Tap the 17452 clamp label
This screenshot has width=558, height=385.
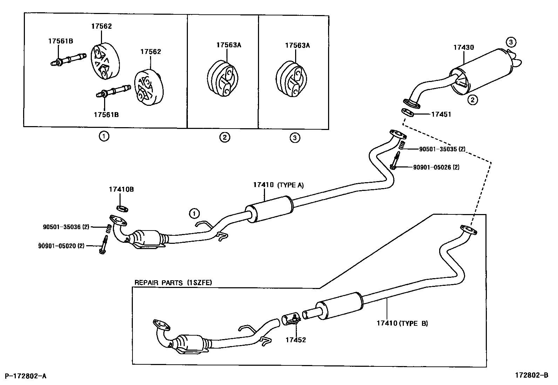pos(295,340)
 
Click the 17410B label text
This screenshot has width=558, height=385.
pos(121,190)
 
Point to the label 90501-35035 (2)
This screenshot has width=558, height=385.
pos(442,149)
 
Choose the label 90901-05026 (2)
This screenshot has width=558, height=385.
pos(436,167)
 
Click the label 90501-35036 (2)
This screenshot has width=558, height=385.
pos(61,227)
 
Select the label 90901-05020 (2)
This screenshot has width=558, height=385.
pos(61,246)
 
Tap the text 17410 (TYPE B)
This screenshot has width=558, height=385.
pos(402,323)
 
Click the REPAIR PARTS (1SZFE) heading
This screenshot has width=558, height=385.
pos(173,282)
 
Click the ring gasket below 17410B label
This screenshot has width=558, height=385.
pos(122,209)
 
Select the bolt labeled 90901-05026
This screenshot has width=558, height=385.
pos(395,161)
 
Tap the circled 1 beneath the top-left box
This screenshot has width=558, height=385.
pos(104,136)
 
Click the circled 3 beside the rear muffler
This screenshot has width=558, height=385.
pos(511,42)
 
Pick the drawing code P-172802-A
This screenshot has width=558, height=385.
pos(25,376)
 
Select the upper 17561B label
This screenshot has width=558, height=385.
pos(61,41)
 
